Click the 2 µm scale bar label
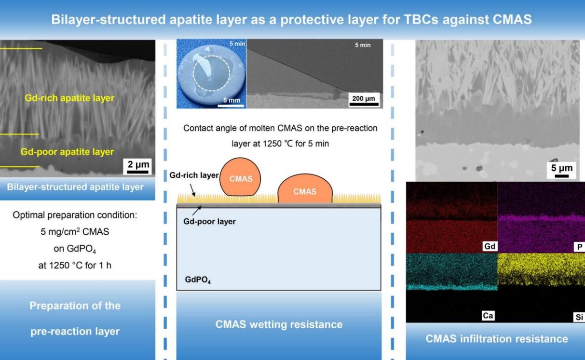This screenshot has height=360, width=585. (138, 164)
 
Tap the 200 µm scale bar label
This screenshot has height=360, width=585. (364, 98)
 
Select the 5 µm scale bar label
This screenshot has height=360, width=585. (562, 168)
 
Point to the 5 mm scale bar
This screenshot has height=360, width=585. (231, 106)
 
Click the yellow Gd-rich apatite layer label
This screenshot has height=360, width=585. (69, 98)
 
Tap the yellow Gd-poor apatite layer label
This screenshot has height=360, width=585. (67, 152)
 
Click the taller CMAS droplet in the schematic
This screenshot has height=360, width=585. (240, 177)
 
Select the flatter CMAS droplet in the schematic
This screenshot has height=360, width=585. (305, 189)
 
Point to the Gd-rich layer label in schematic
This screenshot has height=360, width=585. (194, 175)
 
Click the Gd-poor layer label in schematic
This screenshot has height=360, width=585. (209, 221)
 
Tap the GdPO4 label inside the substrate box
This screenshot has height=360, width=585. (198, 280)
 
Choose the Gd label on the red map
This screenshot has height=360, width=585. (490, 246)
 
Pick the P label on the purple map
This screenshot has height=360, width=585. (580, 247)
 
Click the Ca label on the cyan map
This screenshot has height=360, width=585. (488, 316)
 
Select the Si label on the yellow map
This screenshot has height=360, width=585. (579, 317)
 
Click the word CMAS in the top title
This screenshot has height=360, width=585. (512, 19)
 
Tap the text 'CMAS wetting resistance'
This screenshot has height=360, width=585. (279, 324)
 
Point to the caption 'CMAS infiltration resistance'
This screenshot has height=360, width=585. (497, 339)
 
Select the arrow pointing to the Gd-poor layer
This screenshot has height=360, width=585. (197, 211)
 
